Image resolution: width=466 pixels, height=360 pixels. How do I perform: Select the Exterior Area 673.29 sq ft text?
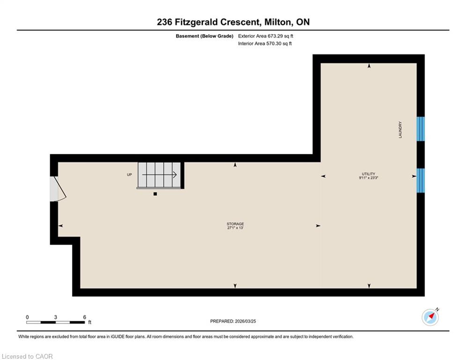click(266, 36)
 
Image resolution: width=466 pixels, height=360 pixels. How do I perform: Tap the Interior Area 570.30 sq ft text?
click(265, 44)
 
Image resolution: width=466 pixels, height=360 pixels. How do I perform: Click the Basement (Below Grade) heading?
click(205, 36)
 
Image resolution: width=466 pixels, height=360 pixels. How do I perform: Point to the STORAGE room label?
click(235, 224)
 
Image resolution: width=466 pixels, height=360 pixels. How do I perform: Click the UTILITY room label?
click(369, 174)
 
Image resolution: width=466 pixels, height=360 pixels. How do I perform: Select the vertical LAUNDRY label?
click(400, 129)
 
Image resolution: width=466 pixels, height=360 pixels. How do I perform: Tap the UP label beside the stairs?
click(129, 175)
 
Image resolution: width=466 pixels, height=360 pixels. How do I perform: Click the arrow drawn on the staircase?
click(160, 175)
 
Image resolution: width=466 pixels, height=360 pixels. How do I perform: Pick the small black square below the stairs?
click(155, 194)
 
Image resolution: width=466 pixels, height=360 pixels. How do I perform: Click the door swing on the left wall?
click(58, 189)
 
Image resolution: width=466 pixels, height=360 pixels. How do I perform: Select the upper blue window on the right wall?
click(421, 129)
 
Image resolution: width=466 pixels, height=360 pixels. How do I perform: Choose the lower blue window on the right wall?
click(421, 180)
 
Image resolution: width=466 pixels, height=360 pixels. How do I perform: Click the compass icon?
click(430, 317)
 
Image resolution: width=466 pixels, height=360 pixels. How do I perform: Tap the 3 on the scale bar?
click(56, 317)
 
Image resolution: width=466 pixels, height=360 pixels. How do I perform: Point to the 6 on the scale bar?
click(84, 317)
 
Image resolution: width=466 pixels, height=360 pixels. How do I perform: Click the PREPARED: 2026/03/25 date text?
click(233, 321)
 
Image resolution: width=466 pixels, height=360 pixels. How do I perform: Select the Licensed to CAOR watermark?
click(27, 356)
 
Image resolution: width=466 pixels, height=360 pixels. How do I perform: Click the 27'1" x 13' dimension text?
click(236, 228)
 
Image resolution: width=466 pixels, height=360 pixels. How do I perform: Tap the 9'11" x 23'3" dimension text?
click(369, 178)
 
